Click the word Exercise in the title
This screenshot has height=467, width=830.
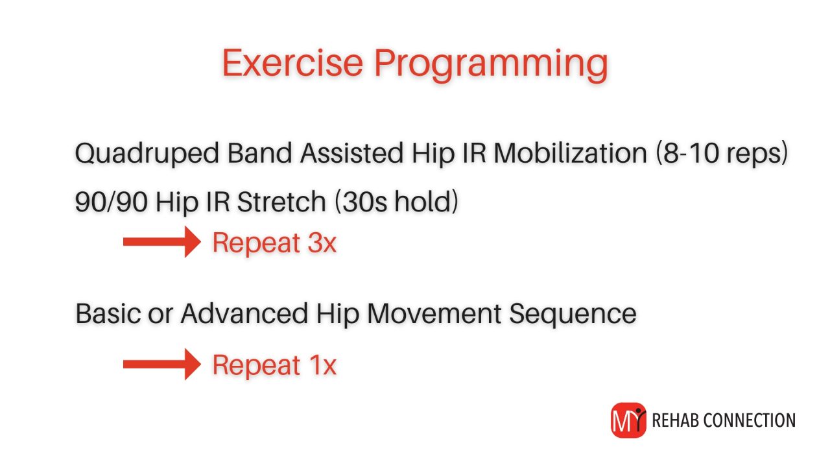coord(292,63)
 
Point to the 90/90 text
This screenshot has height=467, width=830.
coord(110,202)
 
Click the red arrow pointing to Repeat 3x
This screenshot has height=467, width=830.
coord(163,242)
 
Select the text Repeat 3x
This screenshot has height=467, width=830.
coord(274,243)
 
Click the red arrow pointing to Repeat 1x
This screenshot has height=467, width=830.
coord(163,364)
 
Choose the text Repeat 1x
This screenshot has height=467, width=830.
coord(274,365)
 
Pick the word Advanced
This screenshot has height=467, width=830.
coord(246,314)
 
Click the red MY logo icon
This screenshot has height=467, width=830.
coord(628,420)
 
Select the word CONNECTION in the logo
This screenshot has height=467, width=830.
coord(751,420)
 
